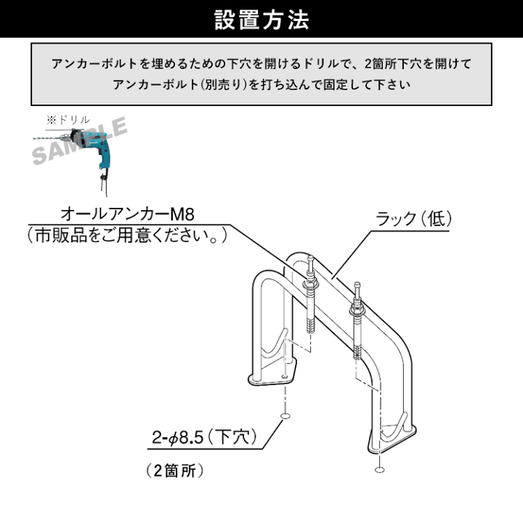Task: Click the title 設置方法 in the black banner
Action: click(x=261, y=20)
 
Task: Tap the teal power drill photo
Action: click(x=80, y=157)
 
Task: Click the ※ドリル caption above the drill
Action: click(x=68, y=119)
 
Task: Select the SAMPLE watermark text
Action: click(x=79, y=140)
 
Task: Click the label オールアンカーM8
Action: click(x=127, y=214)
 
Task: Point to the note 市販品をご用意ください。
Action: click(x=127, y=235)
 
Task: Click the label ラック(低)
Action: click(x=413, y=219)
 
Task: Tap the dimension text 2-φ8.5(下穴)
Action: click(x=204, y=437)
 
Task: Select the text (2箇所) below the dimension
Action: click(x=174, y=471)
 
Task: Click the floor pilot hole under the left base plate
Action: click(x=285, y=415)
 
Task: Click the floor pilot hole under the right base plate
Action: click(x=379, y=470)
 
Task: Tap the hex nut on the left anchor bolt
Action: click(x=311, y=285)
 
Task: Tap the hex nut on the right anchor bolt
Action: click(x=357, y=312)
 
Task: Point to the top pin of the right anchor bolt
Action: click(x=357, y=290)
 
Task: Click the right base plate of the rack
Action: click(x=392, y=439)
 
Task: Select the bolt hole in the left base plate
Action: click(x=285, y=376)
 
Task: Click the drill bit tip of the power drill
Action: click(x=34, y=138)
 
